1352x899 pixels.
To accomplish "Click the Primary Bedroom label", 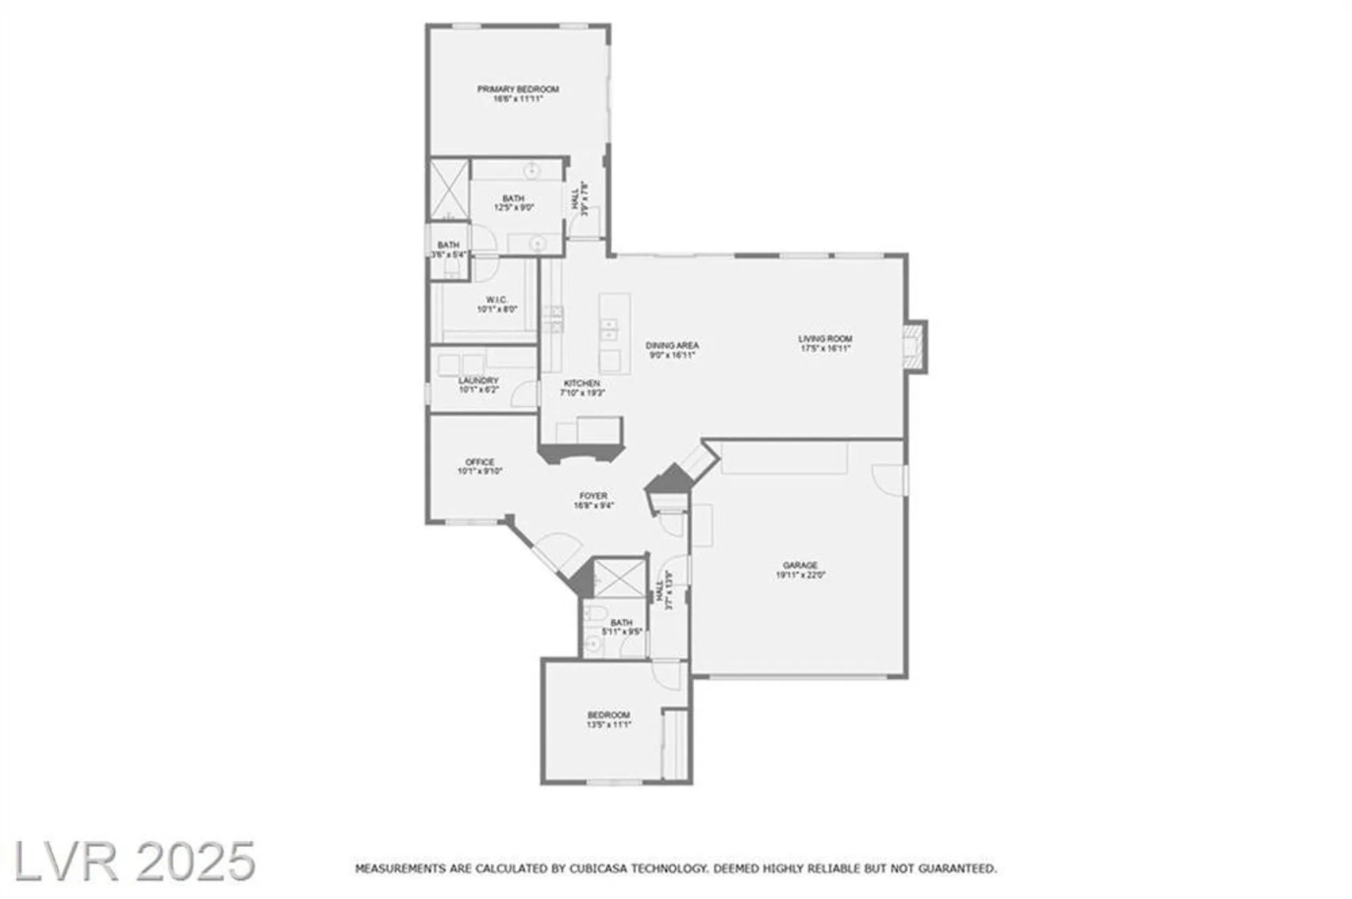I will coord(518,89).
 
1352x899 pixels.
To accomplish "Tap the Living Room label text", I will coord(825,339).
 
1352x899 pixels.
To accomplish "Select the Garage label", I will coord(800,565).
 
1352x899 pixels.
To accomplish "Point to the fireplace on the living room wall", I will coord(915,346).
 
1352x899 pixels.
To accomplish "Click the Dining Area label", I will coord(672,345).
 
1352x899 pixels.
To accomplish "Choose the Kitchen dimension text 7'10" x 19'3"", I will coord(582,392).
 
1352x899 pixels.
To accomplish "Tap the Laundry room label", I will coord(479,381).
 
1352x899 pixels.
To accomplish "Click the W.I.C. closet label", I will coord(497,300).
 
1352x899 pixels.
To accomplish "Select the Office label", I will coord(480,462).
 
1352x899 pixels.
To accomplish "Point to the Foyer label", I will coord(594,496).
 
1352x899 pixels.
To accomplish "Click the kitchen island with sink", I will coord(614,333).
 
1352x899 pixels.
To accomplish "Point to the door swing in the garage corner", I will coord(888,479).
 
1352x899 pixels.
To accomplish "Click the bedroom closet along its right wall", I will coord(675,744).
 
